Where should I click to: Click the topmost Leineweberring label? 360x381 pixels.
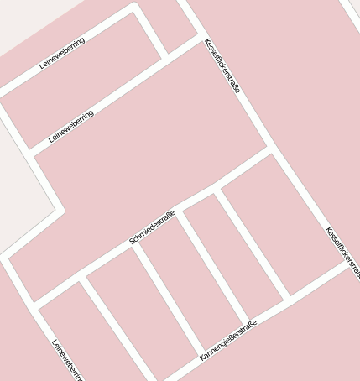click(x=62, y=53)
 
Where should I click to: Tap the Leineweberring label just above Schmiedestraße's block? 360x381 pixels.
click(x=71, y=126)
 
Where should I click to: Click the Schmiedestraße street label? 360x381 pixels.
click(x=152, y=227)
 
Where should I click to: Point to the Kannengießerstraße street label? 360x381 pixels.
click(x=227, y=340)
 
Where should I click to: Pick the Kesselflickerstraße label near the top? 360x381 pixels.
click(x=222, y=65)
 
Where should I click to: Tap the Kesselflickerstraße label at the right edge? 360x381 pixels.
click(x=342, y=252)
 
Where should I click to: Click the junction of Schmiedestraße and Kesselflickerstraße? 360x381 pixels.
click(x=270, y=151)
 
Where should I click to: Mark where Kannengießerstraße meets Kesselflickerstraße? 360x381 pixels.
click(x=348, y=262)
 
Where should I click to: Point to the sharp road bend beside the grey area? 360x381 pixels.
click(x=60, y=211)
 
